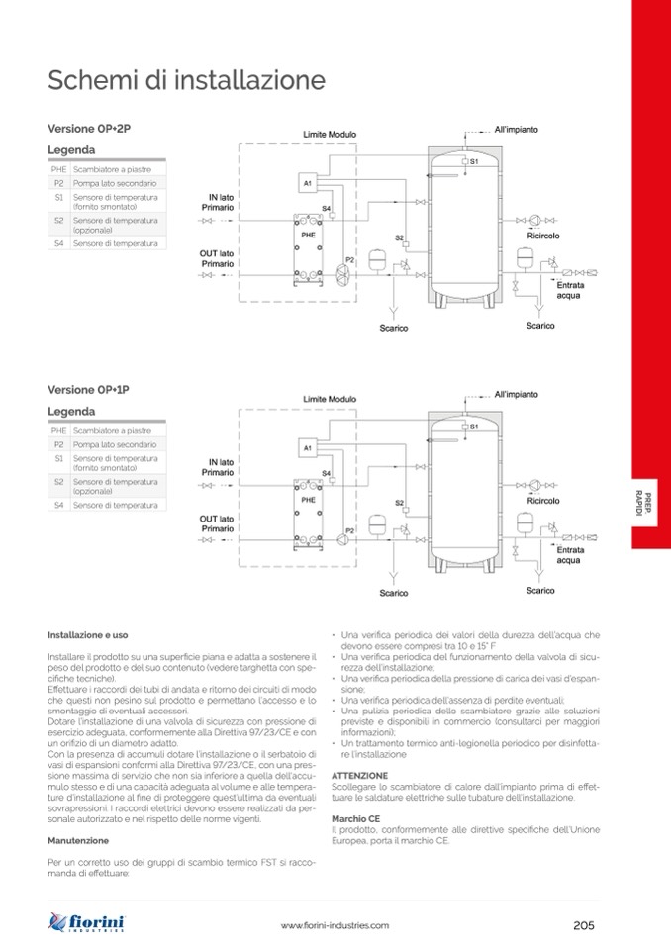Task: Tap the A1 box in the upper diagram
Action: [308, 184]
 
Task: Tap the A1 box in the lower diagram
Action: [308, 448]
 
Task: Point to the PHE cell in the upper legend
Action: [59, 170]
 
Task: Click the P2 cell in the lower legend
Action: [59, 445]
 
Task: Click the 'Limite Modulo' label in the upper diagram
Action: [330, 135]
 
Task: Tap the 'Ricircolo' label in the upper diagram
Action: [543, 236]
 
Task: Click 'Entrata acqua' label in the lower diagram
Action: [569, 554]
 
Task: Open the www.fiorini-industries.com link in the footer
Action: [335, 925]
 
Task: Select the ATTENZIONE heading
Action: [360, 775]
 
